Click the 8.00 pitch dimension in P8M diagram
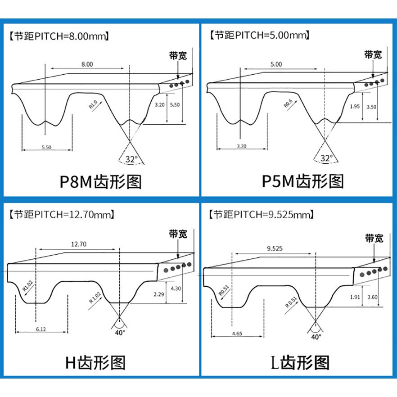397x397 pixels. coord(87,64)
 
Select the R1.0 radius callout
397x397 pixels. coord(93,105)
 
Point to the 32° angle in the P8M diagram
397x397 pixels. coord(131,159)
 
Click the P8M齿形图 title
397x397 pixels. coord(101,182)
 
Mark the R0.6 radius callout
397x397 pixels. coord(288,105)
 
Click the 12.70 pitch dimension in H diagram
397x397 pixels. coord(79,244)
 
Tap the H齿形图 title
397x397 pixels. coord(95,362)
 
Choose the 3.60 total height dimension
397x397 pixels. coord(371,297)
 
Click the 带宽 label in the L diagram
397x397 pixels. coord(374,238)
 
